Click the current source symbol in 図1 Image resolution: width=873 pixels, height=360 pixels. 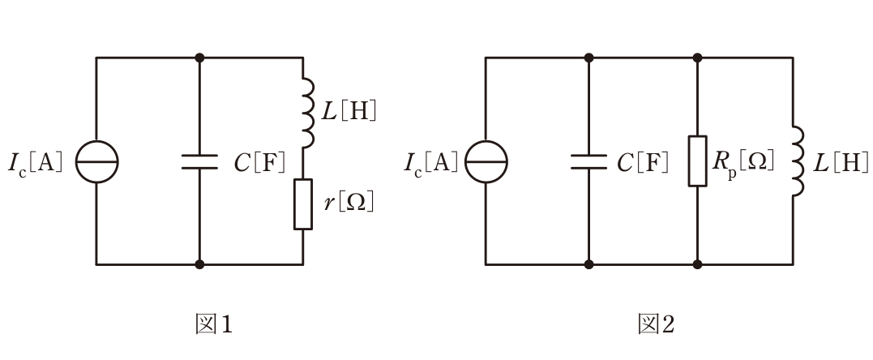pos(97,161)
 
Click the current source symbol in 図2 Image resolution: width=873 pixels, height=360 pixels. pos(486,161)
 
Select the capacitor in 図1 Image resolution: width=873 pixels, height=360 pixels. pos(199,161)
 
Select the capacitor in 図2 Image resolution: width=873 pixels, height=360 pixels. pos(589,161)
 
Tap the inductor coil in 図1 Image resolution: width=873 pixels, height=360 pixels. pos(309,114)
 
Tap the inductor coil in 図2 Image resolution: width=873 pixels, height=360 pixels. pos(798,161)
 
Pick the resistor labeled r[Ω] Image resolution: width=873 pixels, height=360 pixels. pos(303,204)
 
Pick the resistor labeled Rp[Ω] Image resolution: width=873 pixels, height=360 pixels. pos(698,161)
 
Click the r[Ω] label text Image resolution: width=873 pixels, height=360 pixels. pos(349,204)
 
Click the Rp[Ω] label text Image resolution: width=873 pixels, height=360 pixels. pos(743,161)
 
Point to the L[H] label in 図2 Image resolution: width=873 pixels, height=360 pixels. pos(840,161)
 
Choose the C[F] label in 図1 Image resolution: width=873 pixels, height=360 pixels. pos(259,162)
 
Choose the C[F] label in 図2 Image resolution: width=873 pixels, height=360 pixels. pos(643,161)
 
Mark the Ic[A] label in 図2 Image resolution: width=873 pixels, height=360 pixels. pos(431,162)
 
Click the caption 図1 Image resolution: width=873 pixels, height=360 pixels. pos(213,324)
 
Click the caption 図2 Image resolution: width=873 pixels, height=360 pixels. pos(656,324)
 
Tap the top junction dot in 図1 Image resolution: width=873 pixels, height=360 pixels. pos(199,58)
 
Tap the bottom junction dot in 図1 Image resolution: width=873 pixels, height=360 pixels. pos(199,264)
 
